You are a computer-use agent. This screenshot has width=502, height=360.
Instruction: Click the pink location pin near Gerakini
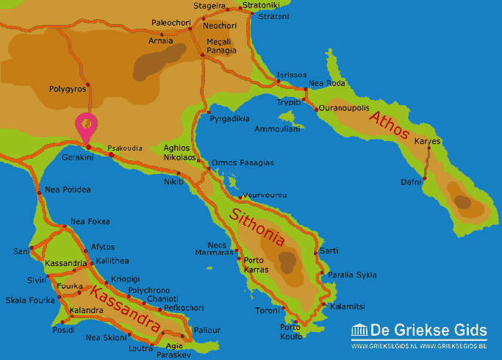pyautogui.click(x=87, y=126)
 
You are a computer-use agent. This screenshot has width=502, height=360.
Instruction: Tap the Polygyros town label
pyautogui.click(x=68, y=89)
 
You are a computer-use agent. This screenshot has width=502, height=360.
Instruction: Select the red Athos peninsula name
pyautogui.click(x=390, y=126)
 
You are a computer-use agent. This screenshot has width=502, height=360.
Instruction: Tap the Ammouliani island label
pyautogui.click(x=277, y=129)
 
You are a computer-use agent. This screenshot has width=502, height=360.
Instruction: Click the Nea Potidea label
pyautogui.click(x=68, y=190)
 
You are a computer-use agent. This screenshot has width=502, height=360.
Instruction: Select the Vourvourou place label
pyautogui.click(x=264, y=195)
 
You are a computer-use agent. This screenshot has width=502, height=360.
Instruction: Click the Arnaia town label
pyautogui.click(x=161, y=40)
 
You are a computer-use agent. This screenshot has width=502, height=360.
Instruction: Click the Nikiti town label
pyautogui.click(x=174, y=181)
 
